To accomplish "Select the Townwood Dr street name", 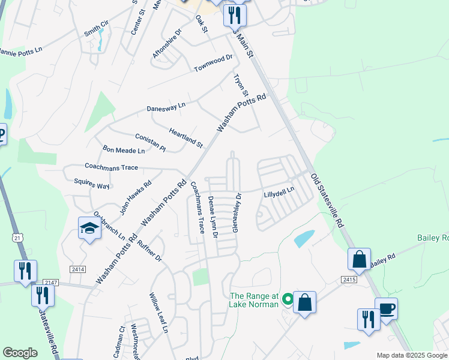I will click(213, 63).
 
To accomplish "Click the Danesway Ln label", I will click(166, 107).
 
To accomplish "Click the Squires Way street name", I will click(92, 184).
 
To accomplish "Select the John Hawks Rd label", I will click(135, 197).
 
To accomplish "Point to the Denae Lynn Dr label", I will click(212, 217).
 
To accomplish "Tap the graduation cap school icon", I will click(89, 229).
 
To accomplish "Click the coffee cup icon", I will click(386, 308).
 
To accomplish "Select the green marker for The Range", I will click(288, 298).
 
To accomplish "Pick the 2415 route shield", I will click(349, 280).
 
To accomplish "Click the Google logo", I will click(20, 353).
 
